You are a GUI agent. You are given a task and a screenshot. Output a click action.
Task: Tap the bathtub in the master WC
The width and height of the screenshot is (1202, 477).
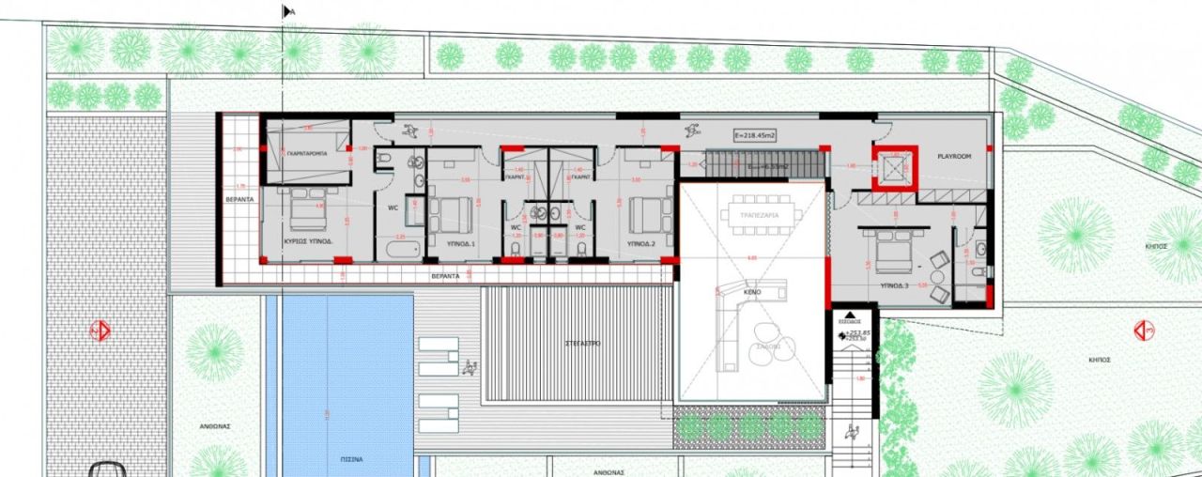pos(398,250)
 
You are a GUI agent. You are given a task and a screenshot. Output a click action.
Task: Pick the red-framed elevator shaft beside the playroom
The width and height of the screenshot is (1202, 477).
pos(892,168)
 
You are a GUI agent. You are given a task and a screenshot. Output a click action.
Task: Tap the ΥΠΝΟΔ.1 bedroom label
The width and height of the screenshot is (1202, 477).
pos(460,242)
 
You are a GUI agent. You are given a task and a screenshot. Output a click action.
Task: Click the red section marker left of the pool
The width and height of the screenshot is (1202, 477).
pos(99,331)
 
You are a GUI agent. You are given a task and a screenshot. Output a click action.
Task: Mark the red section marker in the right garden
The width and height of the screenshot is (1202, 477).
pos(1144,331)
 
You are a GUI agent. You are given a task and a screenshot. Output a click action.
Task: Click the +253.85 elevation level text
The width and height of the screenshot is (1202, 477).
pos(856,333)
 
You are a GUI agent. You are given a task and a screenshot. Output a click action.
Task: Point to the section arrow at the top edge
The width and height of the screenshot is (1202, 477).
pos(287,11)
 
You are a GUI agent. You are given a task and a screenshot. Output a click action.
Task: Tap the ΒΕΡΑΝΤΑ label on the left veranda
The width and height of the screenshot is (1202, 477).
pos(241,200)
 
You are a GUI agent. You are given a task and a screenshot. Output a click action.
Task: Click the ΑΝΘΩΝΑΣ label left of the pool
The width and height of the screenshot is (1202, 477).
pos(214,425)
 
